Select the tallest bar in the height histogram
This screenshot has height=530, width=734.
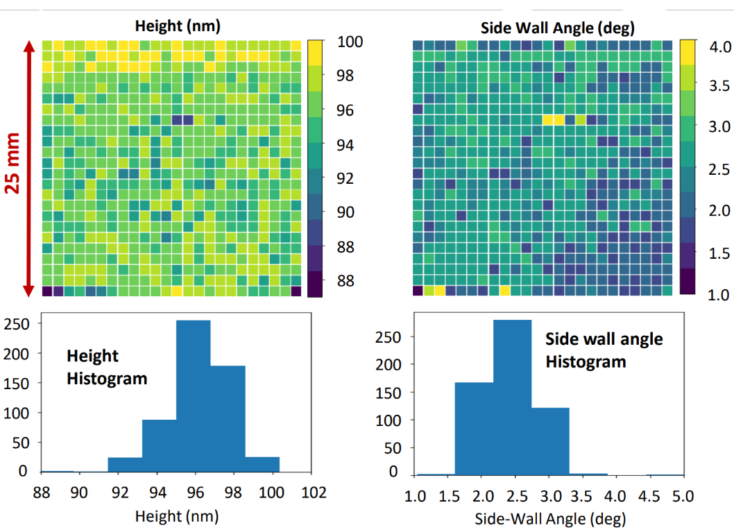194,395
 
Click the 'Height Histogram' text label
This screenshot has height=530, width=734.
107,367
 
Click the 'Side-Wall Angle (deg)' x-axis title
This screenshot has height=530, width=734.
549,519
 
